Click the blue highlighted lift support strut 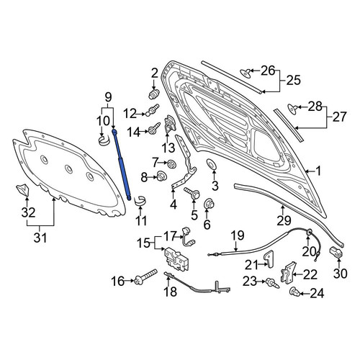122,165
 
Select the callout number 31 40,238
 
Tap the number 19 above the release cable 238,235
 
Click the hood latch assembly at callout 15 176,259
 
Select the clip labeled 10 104,140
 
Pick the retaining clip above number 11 140,201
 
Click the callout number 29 284,221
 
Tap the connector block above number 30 336,252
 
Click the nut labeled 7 171,164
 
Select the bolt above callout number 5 192,192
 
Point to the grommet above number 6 208,204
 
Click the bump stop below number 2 154,94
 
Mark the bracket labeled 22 289,273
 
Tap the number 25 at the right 293,80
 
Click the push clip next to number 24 294,292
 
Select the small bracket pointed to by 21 269,258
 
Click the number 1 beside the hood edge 318,171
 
